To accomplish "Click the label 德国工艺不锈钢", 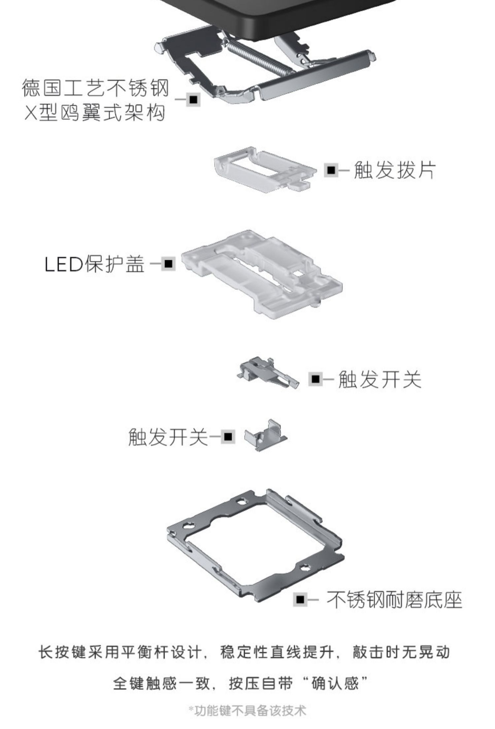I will pos(95,88).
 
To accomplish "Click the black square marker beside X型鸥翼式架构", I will pos(193,99).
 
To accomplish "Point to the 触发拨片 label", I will pos(394,170).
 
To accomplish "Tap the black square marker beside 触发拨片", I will pos(331,170).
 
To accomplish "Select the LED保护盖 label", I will pos(95,264).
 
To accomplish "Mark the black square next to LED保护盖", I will pos(169,264).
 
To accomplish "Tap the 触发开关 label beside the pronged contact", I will pos(379,379).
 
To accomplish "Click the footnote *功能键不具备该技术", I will pos(247,711).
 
